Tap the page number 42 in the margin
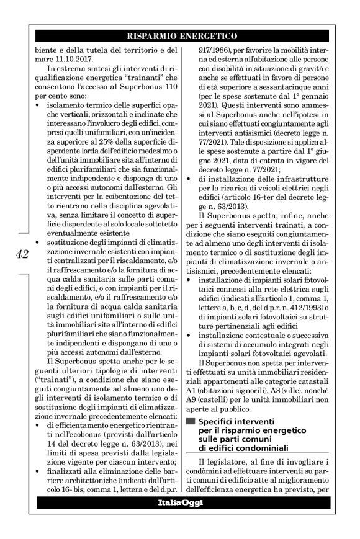(20, 255)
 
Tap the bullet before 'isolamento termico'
(39, 106)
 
